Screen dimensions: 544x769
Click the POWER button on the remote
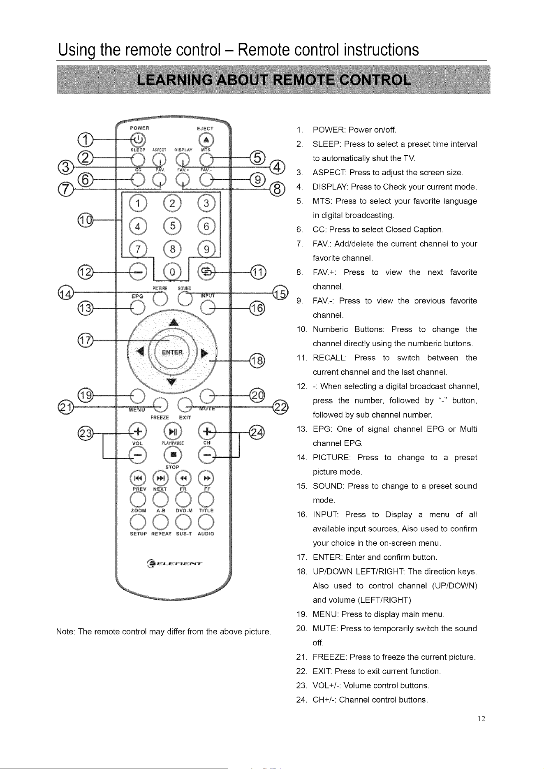coord(138,139)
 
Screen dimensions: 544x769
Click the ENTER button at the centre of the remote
coord(172,352)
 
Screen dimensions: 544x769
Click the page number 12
coord(481,719)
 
